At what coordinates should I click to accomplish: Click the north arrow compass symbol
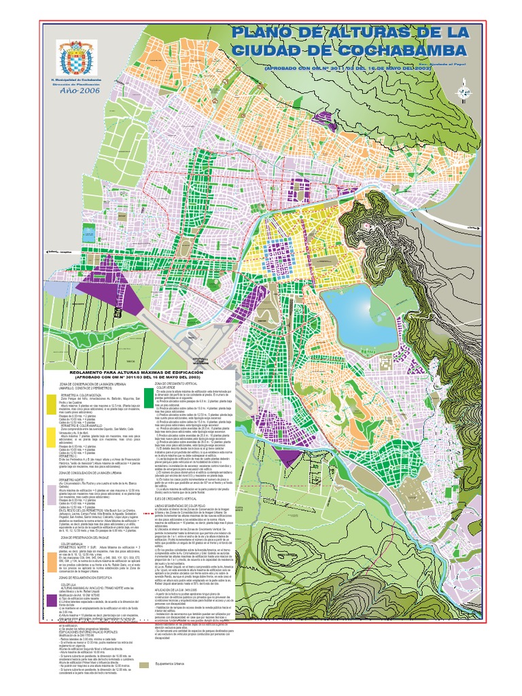466,88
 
